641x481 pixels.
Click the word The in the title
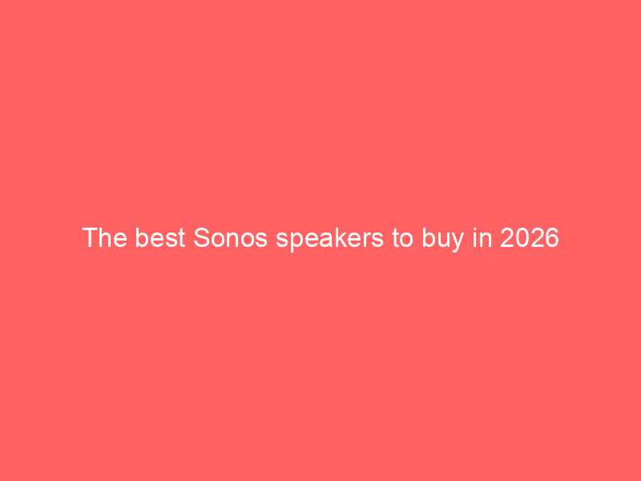[x=105, y=237]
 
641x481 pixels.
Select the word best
[x=160, y=237]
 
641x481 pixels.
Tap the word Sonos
[x=231, y=237]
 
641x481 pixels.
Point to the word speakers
[x=330, y=239]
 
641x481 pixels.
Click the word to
[x=403, y=238]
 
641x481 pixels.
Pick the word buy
[x=443, y=239]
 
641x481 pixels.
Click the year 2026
[x=530, y=237]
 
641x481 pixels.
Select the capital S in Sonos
[x=202, y=237]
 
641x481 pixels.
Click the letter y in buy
[x=457, y=242]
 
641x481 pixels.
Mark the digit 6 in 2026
[x=552, y=237]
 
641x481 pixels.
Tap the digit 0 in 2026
[x=522, y=237]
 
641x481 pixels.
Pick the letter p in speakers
[x=298, y=242]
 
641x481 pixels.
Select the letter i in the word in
[x=474, y=237]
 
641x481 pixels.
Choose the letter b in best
[x=143, y=237]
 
